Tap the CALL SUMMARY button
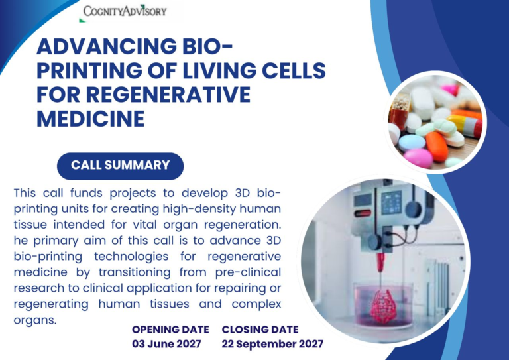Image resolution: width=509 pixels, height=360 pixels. (120, 166)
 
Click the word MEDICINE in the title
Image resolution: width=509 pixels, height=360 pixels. (91, 118)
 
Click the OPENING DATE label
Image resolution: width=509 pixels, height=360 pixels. (170, 330)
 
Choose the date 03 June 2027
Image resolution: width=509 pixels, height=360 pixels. (166, 344)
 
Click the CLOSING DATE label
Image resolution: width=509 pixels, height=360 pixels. (260, 330)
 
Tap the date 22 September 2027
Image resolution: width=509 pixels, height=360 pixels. (272, 344)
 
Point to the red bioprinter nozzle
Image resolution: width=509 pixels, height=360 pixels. (380, 263)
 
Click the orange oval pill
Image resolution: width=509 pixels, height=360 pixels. (437, 146)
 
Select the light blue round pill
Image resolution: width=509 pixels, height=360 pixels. (412, 143)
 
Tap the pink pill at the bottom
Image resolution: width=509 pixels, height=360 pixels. (418, 158)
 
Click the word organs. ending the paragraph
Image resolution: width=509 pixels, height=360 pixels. (35, 320)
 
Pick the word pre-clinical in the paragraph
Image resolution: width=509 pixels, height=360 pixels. (248, 272)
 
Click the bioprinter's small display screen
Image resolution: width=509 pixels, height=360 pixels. (391, 203)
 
